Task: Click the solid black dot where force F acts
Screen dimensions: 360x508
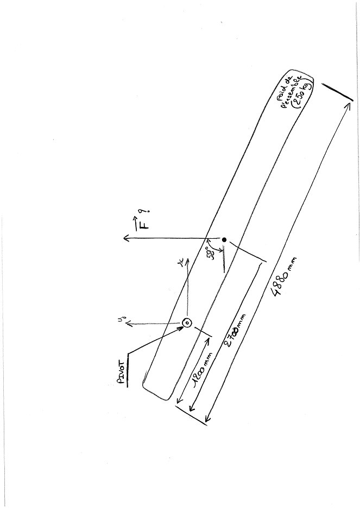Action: [x=224, y=239]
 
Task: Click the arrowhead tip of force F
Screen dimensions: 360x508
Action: [x=124, y=237]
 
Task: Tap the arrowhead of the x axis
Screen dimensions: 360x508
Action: [x=188, y=260]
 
